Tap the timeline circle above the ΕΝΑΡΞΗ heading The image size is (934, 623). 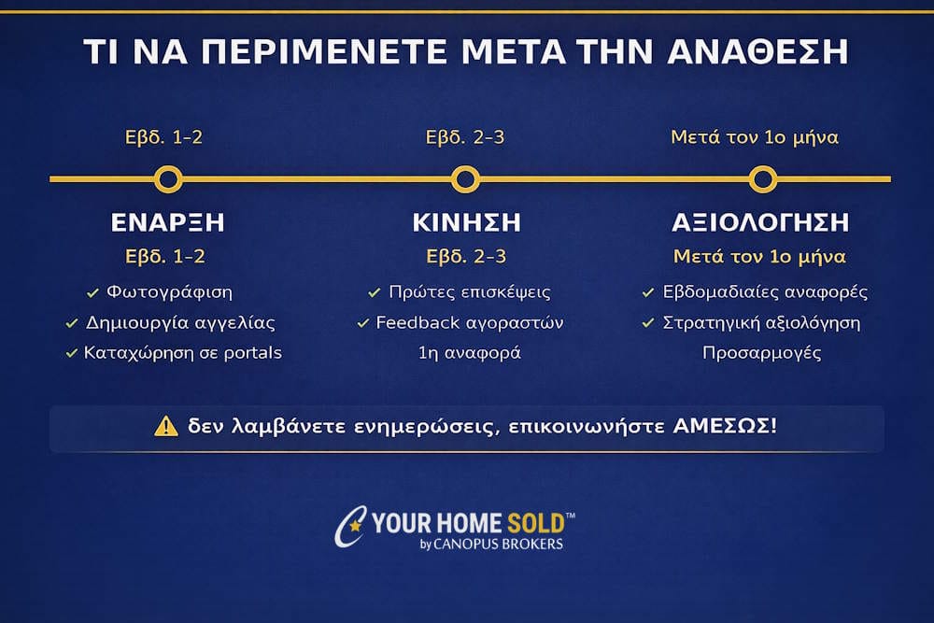pyautogui.click(x=168, y=178)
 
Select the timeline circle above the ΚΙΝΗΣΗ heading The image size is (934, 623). pyautogui.click(x=465, y=178)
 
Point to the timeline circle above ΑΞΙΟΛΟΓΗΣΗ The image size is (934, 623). pyautogui.click(x=762, y=178)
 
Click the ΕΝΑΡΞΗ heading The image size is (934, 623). pyautogui.click(x=168, y=223)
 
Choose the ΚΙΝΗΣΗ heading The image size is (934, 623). pyautogui.click(x=466, y=223)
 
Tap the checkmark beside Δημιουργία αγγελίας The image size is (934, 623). pyautogui.click(x=72, y=323)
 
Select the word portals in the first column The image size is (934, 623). pyautogui.click(x=249, y=353)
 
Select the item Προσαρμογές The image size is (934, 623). pyautogui.click(x=761, y=353)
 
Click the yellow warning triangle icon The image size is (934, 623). pyautogui.click(x=165, y=426)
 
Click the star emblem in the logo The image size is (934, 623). pyautogui.click(x=354, y=527)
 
